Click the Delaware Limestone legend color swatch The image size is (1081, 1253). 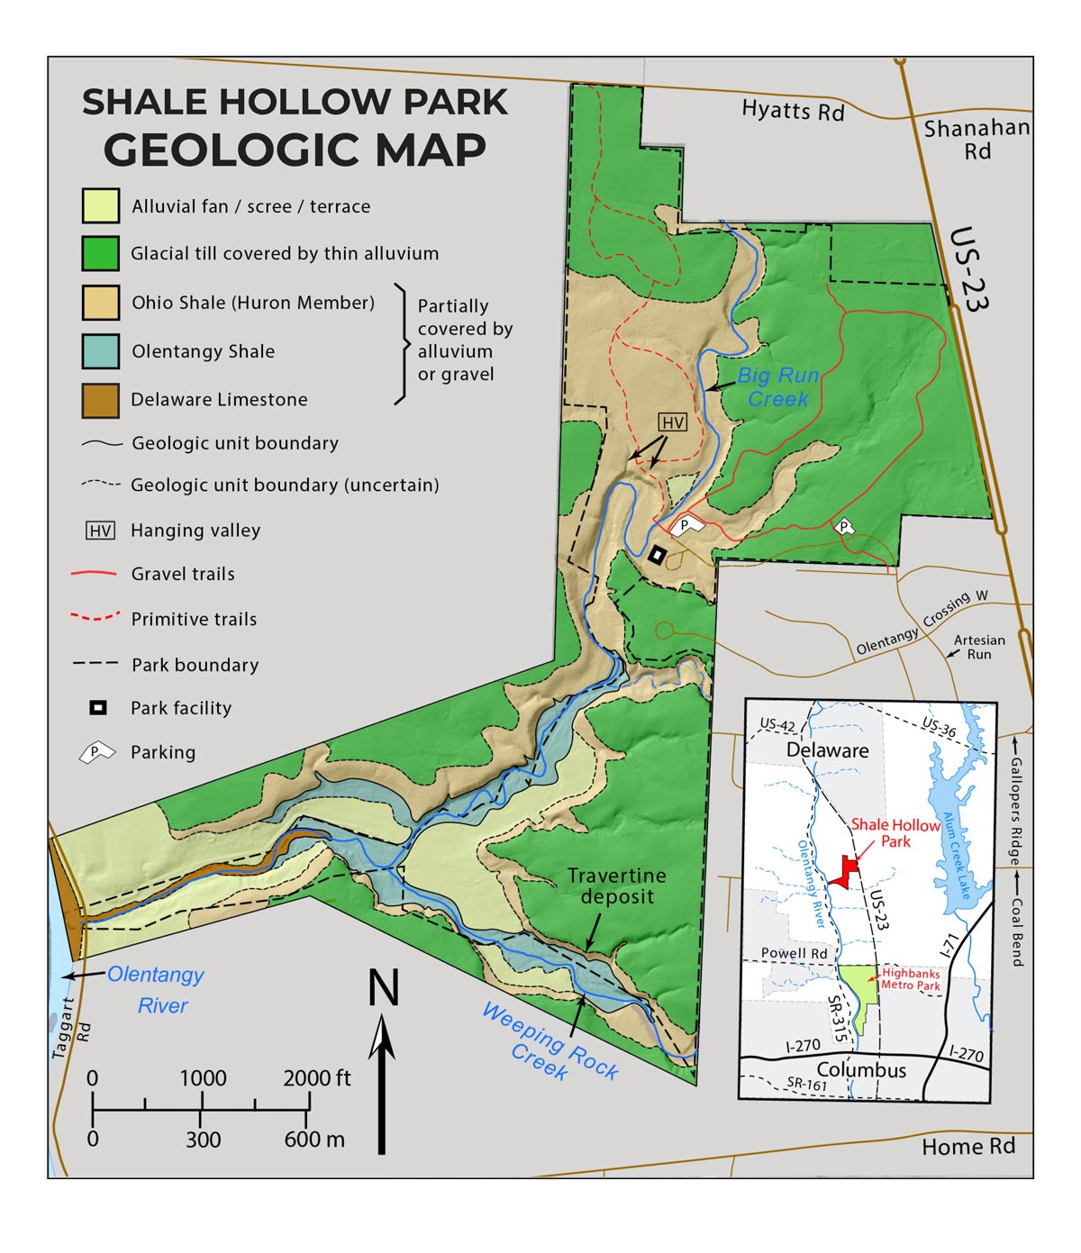click(100, 400)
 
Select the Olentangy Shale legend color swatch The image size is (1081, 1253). click(100, 351)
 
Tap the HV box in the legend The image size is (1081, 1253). click(100, 531)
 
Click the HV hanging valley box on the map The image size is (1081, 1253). click(673, 422)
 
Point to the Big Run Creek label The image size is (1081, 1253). click(778, 387)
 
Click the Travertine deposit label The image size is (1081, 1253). click(617, 885)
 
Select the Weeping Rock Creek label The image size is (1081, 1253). click(550, 1043)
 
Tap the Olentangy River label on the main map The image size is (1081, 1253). click(156, 989)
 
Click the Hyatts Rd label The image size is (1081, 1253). click(793, 111)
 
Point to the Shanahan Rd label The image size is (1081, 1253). click(977, 140)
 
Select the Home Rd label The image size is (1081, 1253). click(968, 1147)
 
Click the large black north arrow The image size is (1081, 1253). click(383, 1081)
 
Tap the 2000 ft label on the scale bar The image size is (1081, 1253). click(317, 1078)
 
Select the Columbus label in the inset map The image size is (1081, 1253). click(861, 1070)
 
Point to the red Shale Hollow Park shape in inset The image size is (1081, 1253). click(845, 871)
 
